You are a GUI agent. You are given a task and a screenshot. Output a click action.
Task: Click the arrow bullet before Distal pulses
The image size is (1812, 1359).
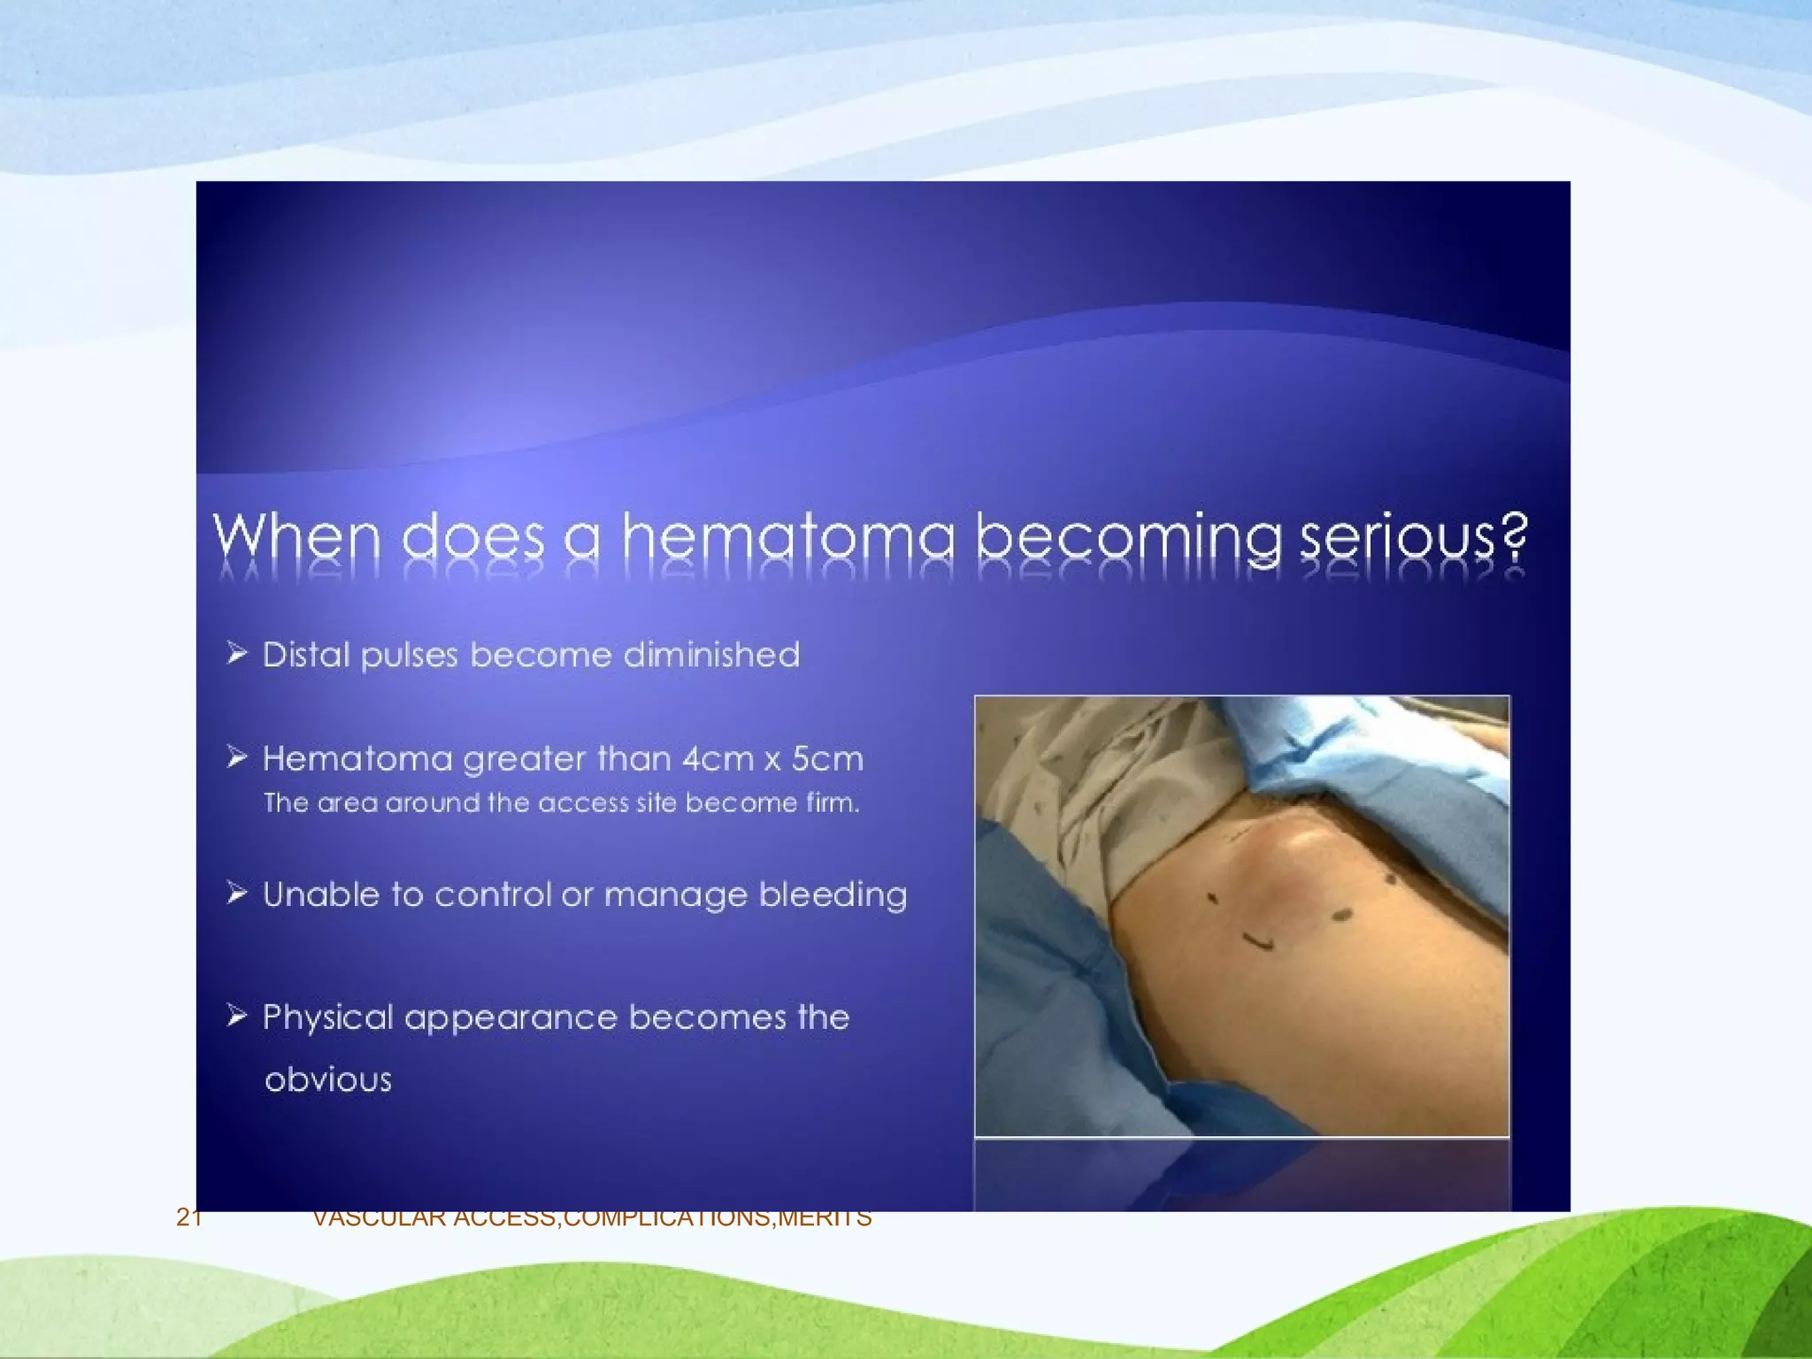(236, 654)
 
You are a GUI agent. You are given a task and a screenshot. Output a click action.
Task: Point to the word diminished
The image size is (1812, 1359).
(711, 655)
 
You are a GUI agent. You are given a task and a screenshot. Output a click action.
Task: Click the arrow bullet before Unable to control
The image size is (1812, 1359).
(236, 894)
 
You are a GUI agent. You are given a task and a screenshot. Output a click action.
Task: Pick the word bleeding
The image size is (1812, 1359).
(833, 894)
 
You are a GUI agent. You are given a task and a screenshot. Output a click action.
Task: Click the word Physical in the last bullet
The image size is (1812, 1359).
(327, 1017)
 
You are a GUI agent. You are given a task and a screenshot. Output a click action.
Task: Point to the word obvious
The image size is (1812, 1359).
(328, 1079)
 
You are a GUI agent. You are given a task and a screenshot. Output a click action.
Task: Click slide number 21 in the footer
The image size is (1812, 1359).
(188, 1218)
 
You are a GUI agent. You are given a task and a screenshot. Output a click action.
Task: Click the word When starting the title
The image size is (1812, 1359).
(296, 536)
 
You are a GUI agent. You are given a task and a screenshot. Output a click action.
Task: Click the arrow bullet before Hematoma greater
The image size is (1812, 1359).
(236, 757)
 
